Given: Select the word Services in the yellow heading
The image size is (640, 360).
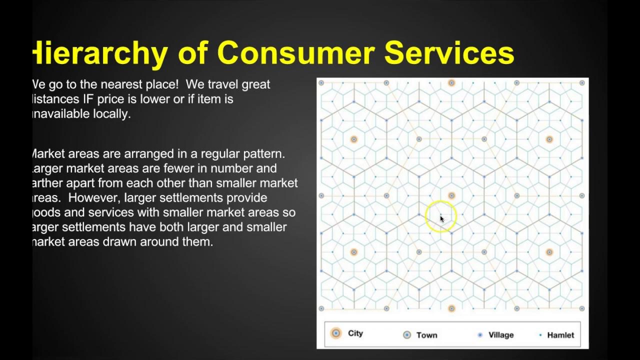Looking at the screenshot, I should [449, 53].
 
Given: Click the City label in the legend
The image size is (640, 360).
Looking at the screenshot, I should [355, 333].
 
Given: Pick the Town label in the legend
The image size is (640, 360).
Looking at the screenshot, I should [426, 335].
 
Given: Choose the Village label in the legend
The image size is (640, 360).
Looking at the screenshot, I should [500, 335].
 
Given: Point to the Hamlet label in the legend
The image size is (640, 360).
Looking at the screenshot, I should [560, 335].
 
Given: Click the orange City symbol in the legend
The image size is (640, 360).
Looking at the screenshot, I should [336, 333].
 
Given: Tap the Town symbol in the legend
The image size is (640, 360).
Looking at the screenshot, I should [407, 335].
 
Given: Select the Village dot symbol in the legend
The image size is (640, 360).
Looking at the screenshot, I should [480, 335].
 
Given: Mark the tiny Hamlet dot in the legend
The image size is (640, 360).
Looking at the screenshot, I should [540, 335].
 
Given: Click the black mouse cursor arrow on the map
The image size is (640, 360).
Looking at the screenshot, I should [442, 218].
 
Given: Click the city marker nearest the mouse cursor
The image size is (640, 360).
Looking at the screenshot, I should [451, 196].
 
